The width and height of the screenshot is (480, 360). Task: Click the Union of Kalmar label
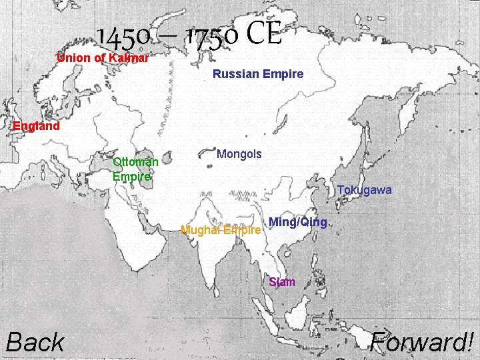click(103, 58)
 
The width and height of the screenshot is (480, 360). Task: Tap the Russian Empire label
click(258, 74)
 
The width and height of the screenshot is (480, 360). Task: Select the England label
click(37, 126)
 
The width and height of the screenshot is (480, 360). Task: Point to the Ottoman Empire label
click(135, 169)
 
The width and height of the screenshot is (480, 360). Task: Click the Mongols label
click(239, 154)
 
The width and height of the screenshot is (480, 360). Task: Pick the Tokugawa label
click(364, 191)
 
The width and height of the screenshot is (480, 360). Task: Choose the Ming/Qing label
click(298, 222)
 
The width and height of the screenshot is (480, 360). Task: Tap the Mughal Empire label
click(221, 231)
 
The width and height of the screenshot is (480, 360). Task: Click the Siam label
click(282, 282)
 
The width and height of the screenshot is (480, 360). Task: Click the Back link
click(35, 343)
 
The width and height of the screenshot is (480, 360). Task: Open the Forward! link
click(423, 343)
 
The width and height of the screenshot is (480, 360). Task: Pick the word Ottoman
click(135, 162)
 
